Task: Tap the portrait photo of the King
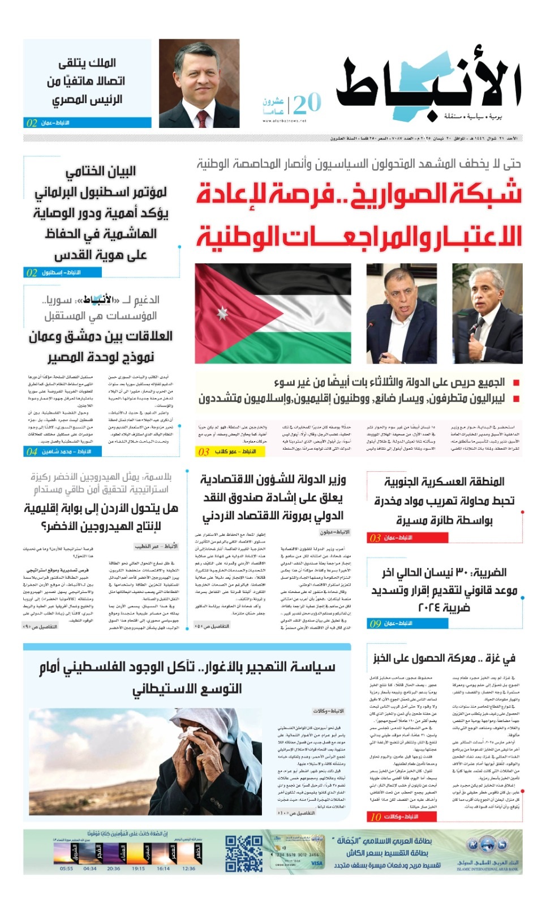(x=199, y=84)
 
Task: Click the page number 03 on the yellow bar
(x=203, y=451)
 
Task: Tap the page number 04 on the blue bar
(x=31, y=451)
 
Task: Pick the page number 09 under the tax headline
(x=375, y=623)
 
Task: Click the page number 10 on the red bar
(x=376, y=817)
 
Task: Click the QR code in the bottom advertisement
(x=244, y=853)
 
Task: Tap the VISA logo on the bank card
(x=317, y=864)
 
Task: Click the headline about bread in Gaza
(x=444, y=658)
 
